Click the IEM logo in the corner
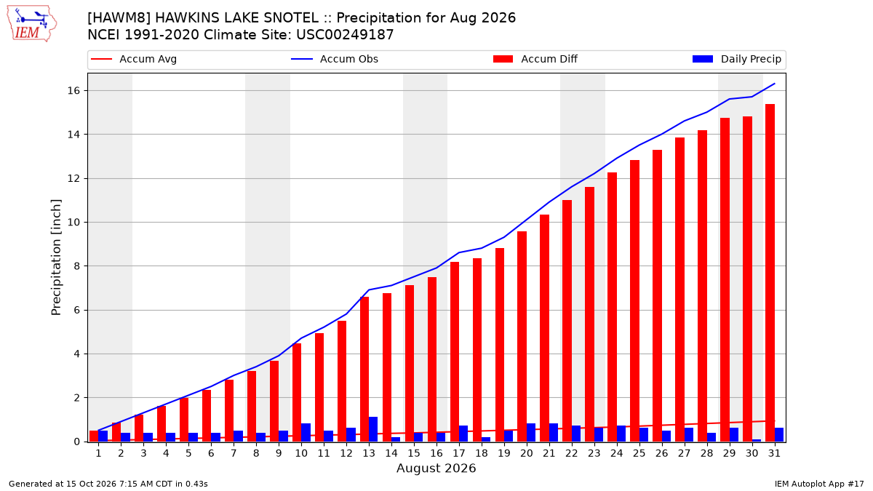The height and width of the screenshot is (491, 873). [x=31, y=24]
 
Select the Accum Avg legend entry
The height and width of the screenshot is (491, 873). [x=134, y=59]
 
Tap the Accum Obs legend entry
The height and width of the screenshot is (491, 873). [x=335, y=59]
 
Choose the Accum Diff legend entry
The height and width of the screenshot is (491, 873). [x=535, y=59]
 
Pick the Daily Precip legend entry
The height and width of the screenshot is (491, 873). [x=736, y=59]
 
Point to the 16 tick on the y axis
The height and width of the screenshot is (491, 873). [x=73, y=91]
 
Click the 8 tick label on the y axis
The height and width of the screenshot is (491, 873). [x=76, y=266]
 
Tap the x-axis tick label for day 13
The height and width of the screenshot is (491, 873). [x=369, y=454]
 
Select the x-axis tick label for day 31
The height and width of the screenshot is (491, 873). [x=774, y=454]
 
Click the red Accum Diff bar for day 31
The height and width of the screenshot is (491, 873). [x=770, y=273]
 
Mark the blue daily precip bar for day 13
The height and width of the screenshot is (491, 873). [x=373, y=429]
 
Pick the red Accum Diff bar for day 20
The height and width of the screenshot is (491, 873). [x=522, y=337]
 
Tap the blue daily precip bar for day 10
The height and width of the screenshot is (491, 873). [x=306, y=433]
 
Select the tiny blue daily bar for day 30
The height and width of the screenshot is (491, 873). [x=756, y=441]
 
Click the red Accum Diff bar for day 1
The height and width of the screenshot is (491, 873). [x=94, y=436]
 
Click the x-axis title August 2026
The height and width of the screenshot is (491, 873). [x=436, y=468]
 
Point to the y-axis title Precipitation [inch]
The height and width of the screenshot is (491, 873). [x=56, y=258]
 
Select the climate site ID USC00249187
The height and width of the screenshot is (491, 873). [x=345, y=35]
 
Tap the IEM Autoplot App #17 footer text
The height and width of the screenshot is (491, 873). [x=819, y=484]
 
